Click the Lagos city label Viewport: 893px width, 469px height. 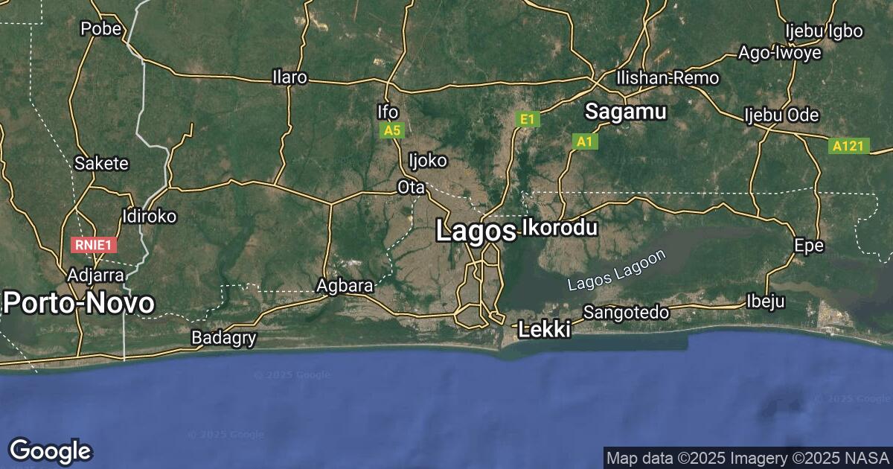point(475,231)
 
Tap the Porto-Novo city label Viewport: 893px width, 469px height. point(79,303)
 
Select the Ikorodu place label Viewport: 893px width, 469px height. point(560,227)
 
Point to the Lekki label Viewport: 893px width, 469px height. point(544,329)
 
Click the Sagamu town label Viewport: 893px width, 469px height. point(625,112)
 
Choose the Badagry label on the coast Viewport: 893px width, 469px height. point(224,338)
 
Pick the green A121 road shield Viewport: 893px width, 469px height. point(848,146)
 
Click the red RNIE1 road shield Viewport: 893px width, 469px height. point(95,244)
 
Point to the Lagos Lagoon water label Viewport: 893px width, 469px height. point(616,271)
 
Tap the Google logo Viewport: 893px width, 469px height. point(50,450)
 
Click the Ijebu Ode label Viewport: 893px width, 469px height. point(781,115)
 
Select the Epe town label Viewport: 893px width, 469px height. point(809,245)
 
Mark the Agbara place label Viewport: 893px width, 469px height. point(345,285)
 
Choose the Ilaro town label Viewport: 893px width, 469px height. point(289,77)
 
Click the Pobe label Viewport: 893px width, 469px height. point(100,29)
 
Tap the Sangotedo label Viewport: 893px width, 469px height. point(626,312)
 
